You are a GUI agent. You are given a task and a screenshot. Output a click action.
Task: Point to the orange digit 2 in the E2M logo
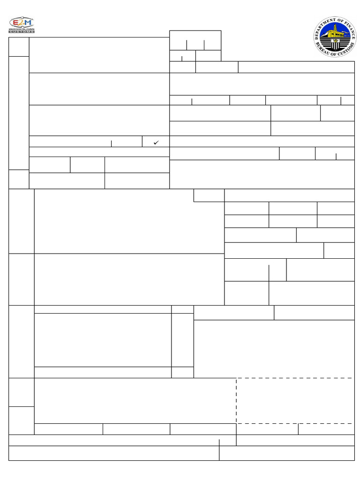(x=22, y=23)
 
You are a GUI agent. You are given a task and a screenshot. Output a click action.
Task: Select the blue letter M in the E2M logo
(x=28, y=23)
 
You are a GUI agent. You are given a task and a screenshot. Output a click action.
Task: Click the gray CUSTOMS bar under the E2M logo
(x=22, y=31)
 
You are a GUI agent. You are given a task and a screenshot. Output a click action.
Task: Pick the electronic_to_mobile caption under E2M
(x=22, y=29)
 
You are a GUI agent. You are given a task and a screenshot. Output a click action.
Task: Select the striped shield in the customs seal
(x=336, y=45)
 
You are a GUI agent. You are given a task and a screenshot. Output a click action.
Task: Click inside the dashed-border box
(x=295, y=401)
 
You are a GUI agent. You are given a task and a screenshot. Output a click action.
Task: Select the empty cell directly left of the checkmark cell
(x=127, y=142)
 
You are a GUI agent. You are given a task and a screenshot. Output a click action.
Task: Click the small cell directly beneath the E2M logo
(x=19, y=47)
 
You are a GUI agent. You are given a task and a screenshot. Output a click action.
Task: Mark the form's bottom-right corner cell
(x=286, y=453)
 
